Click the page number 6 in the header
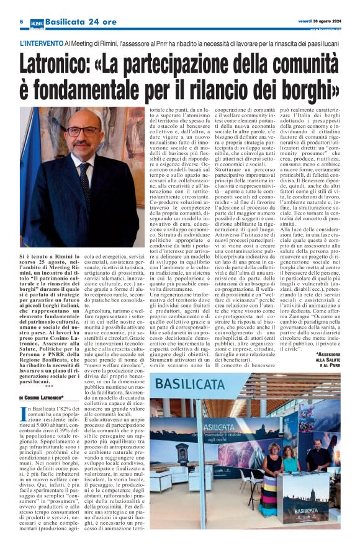point(22,22)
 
